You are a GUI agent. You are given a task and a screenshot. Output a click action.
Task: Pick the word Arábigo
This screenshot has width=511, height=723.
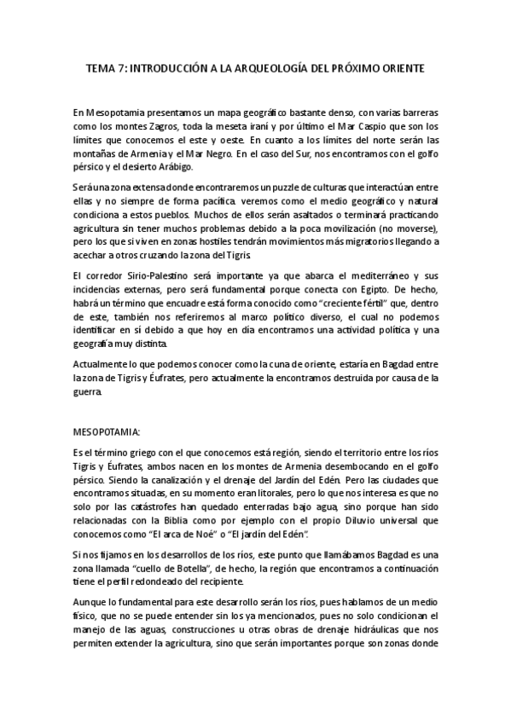[x=171, y=167]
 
